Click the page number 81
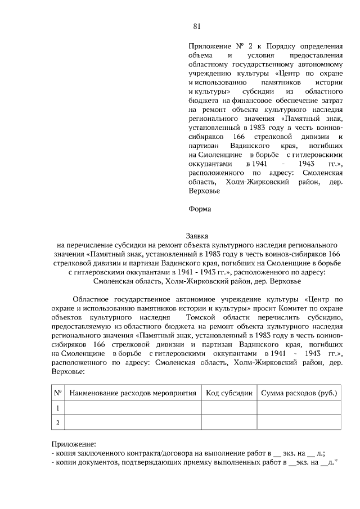click(197, 26)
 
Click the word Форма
click(200, 209)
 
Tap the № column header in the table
click(58, 392)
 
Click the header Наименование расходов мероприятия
click(133, 392)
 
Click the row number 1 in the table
click(57, 407)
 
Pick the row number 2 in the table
click(57, 422)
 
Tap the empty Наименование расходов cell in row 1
click(133, 407)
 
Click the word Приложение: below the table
click(74, 444)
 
